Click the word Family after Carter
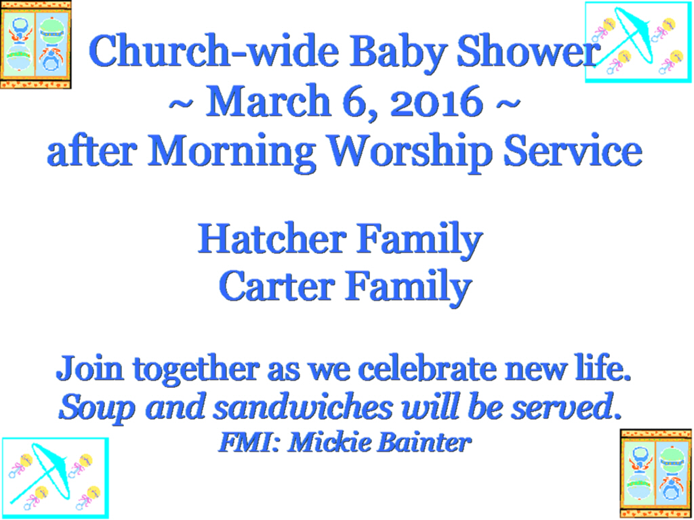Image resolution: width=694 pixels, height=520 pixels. coord(408,287)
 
